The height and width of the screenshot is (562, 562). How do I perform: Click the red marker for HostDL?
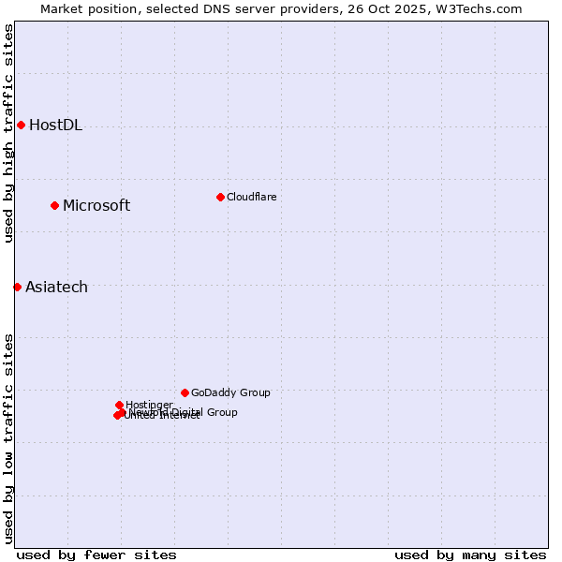click(21, 125)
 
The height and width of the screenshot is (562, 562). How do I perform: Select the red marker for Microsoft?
click(54, 205)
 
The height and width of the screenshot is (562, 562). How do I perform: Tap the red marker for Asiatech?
click(17, 287)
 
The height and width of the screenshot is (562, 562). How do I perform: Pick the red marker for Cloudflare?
click(220, 197)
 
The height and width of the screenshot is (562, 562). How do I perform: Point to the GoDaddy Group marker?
click(185, 392)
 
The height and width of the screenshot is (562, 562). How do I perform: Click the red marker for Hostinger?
click(119, 405)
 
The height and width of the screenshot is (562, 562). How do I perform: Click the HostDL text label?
click(55, 126)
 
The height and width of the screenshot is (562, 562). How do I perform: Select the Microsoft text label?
click(96, 206)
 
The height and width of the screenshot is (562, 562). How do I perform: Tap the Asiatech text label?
click(56, 288)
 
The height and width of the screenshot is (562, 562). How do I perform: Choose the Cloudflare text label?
click(251, 197)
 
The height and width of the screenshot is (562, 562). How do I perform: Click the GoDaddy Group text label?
click(230, 392)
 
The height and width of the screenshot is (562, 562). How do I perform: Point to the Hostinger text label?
click(149, 405)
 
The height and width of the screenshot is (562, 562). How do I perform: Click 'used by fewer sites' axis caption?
click(96, 555)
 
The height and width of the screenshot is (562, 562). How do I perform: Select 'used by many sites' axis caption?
click(470, 555)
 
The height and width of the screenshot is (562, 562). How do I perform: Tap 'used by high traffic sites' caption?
click(8, 133)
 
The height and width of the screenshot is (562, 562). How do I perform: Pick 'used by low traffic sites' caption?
click(8, 437)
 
